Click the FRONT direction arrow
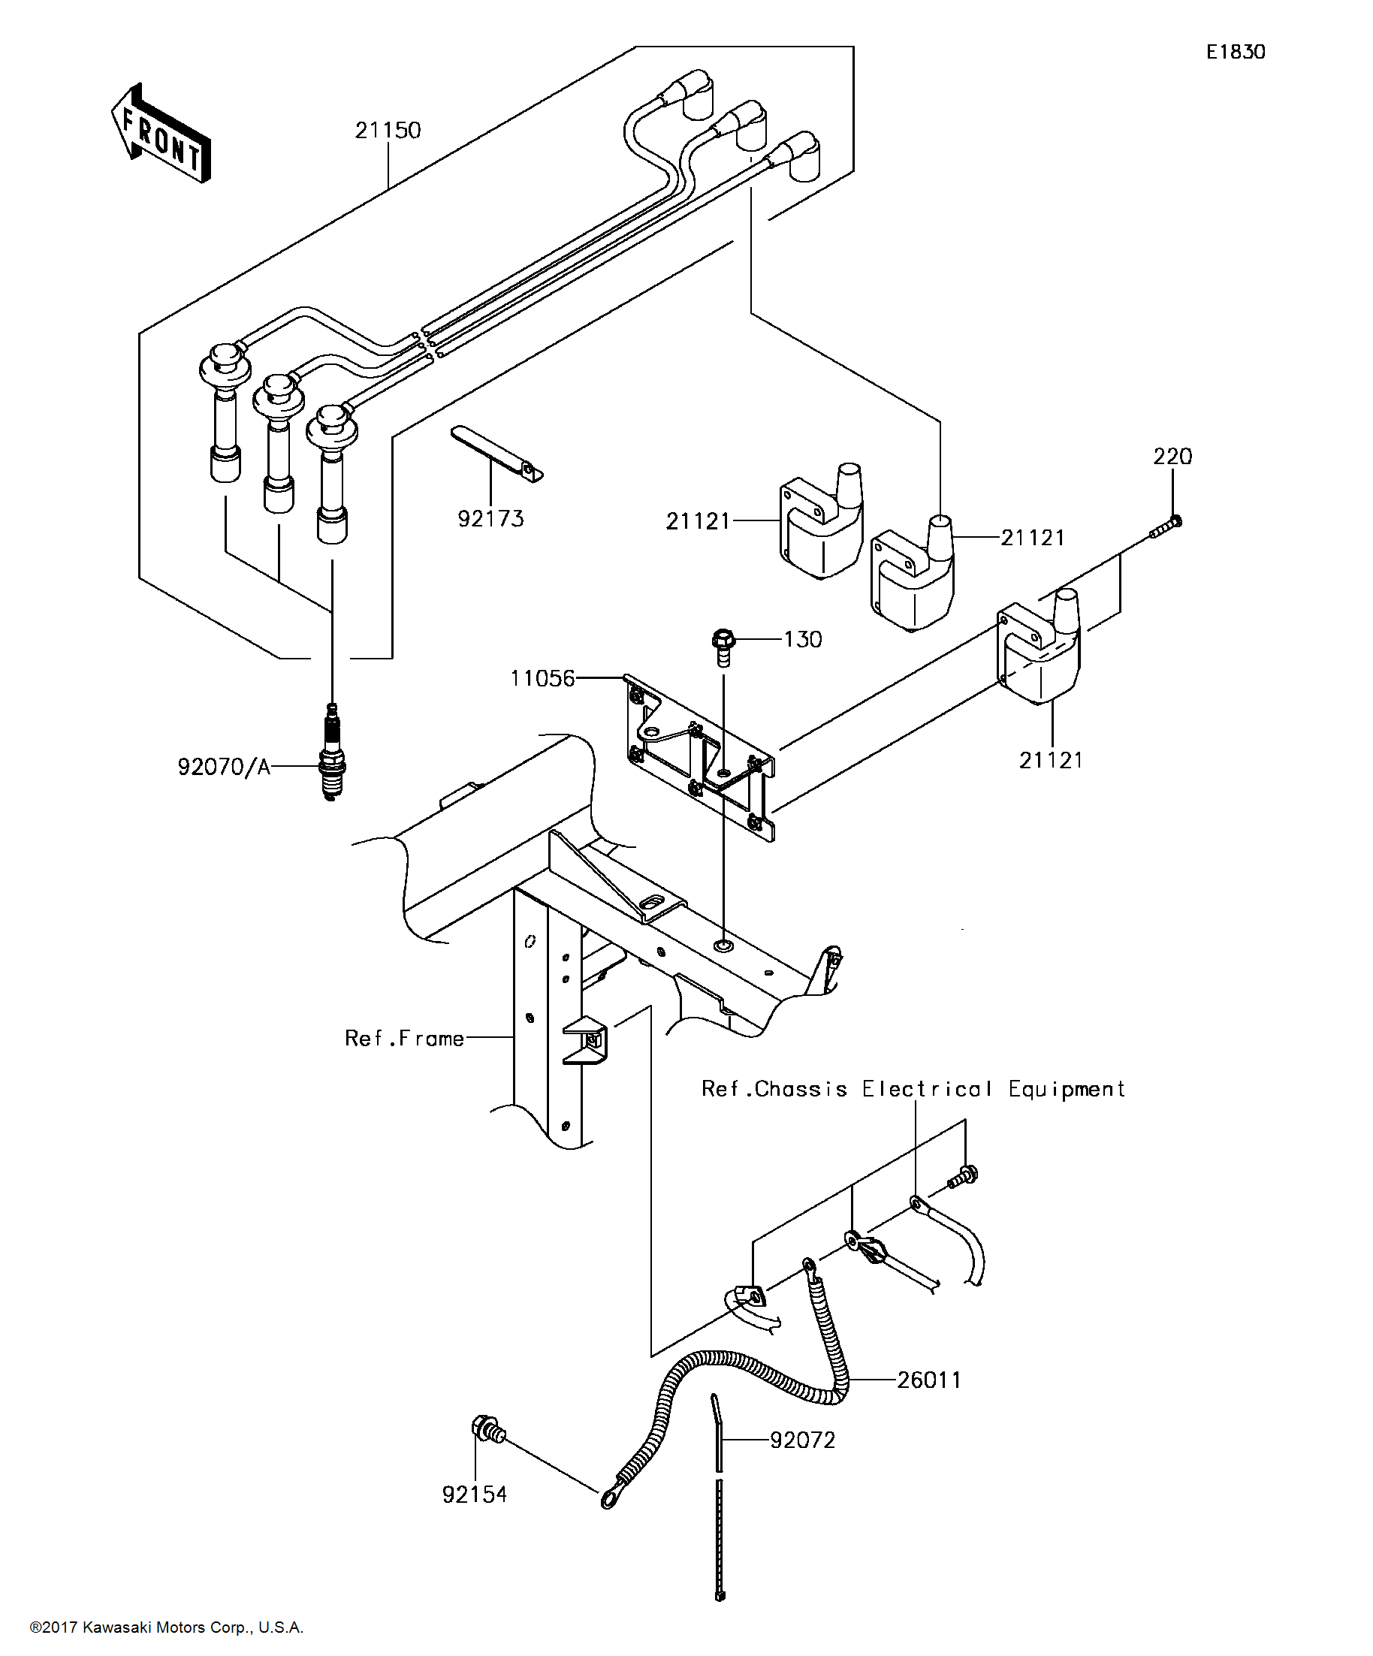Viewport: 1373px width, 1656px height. point(161,134)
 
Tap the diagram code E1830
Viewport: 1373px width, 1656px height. point(1235,52)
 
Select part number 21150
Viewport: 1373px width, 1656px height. point(388,130)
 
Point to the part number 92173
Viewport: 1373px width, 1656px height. point(490,519)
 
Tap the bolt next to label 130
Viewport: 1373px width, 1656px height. point(723,645)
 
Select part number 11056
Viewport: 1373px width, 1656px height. point(542,678)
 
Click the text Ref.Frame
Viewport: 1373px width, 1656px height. point(404,1039)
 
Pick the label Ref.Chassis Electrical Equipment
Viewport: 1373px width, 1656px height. point(913,1089)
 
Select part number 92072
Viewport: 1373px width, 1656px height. point(802,1440)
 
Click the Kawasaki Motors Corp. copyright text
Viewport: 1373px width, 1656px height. point(167,1627)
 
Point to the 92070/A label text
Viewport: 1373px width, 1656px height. point(224,767)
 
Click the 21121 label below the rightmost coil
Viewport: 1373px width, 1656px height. point(1051,760)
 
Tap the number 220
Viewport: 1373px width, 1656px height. point(1172,457)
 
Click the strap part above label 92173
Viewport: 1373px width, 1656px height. point(496,454)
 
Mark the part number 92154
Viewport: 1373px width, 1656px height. point(474,1495)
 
